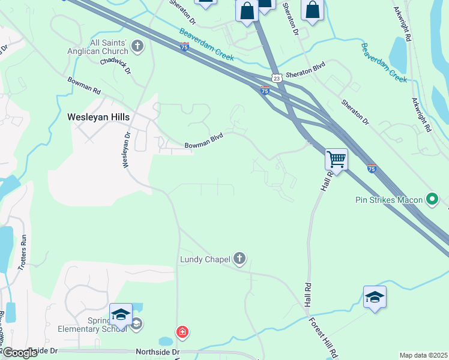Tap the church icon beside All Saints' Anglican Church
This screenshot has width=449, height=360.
pyautogui.click(x=138, y=46)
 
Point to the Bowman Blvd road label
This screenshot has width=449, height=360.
pyautogui.click(x=203, y=142)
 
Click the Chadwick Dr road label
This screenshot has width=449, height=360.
pyautogui.click(x=116, y=65)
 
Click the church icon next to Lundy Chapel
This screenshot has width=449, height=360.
pyautogui.click(x=239, y=259)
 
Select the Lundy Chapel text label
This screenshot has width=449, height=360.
pyautogui.click(x=205, y=260)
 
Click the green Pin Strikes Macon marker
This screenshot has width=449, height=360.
pyautogui.click(x=432, y=199)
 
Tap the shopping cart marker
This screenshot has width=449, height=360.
pyautogui.click(x=336, y=160)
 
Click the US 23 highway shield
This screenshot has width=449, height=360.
pyautogui.click(x=276, y=78)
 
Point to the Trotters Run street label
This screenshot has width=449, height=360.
pyautogui.click(x=24, y=250)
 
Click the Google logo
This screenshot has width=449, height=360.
pyautogui.click(x=20, y=353)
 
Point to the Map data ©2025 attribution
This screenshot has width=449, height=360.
pyautogui.click(x=423, y=355)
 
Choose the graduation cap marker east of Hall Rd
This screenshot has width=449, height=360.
pyautogui.click(x=375, y=297)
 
